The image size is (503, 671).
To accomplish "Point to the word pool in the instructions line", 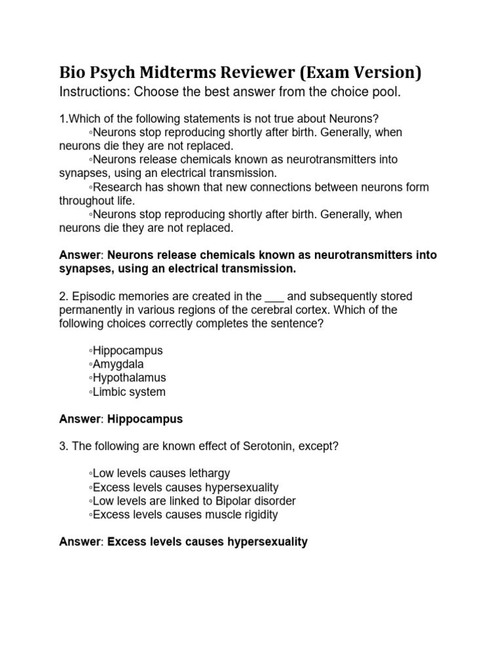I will [386, 92].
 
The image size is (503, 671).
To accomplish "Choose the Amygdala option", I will [118, 364].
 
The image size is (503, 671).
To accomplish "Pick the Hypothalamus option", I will [128, 377].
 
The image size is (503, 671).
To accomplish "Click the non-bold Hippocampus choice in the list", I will [127, 350].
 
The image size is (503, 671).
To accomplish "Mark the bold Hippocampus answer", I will [145, 419].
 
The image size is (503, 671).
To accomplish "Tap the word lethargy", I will [209, 473].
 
